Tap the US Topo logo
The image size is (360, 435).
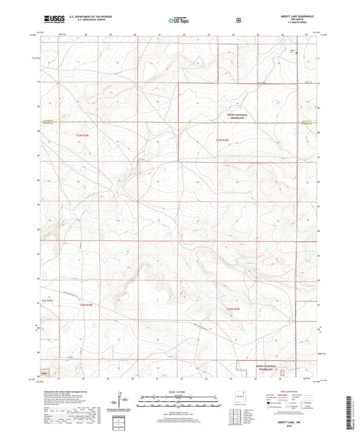click(x=180, y=21)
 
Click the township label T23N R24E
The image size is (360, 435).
click(x=82, y=136)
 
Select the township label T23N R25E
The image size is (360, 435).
click(x=223, y=140)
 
